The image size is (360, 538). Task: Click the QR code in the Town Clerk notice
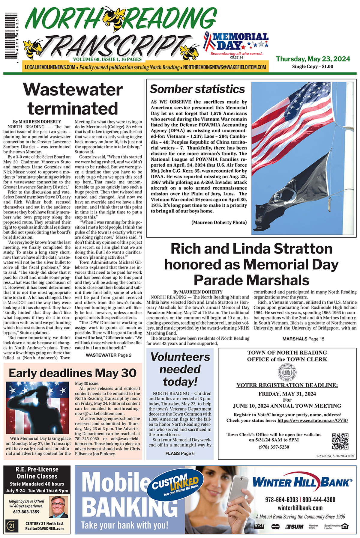coord(340,441)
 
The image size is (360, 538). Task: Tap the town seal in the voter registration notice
coord(287,373)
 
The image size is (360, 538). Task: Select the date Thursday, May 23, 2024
coord(313,59)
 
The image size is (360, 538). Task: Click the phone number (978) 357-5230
coord(274,447)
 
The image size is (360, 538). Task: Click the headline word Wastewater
coord(73,89)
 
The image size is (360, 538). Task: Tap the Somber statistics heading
coord(197,89)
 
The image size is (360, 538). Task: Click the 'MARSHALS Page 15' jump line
coord(303,339)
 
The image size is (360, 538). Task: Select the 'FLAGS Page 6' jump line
coord(180,453)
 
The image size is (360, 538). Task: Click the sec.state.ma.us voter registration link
coord(313,420)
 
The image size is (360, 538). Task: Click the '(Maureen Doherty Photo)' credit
coord(219,222)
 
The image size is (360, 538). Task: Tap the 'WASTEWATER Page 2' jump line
coord(108,355)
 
